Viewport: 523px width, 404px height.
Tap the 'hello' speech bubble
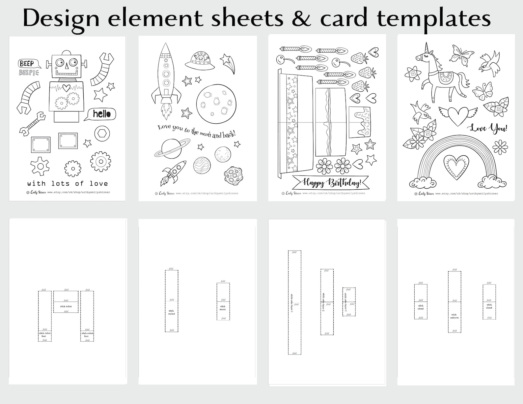point(101,114)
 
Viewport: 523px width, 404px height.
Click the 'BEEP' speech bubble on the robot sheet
point(27,63)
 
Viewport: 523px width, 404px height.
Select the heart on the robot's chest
point(66,88)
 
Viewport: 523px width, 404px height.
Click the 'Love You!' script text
point(488,128)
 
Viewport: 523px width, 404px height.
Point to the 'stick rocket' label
point(171,312)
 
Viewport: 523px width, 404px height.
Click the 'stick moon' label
point(223,308)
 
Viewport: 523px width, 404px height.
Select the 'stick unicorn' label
point(454,316)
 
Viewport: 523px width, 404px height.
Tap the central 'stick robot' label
point(66,306)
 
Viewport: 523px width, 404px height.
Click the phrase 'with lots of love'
point(68,184)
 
